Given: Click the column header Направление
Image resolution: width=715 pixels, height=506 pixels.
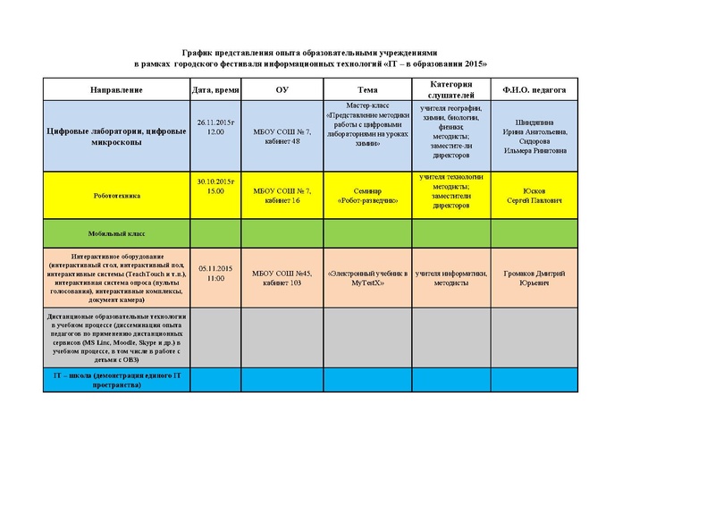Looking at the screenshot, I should [x=116, y=90].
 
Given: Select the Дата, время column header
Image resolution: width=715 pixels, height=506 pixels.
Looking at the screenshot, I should [x=214, y=90].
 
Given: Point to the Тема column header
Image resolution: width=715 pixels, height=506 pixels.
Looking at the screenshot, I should [x=367, y=90].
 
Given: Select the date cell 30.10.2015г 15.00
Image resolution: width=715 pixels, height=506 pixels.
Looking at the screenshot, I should [x=214, y=186].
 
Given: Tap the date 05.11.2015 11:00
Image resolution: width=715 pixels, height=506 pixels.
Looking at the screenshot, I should [x=215, y=274].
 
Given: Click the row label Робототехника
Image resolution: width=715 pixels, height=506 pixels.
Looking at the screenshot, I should [x=116, y=194].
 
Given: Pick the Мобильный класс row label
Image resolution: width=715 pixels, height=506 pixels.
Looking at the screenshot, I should [x=116, y=232].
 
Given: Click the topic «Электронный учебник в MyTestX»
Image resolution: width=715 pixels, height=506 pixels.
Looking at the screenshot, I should [x=367, y=276].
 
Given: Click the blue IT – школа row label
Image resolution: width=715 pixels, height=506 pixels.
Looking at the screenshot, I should [x=116, y=379].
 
